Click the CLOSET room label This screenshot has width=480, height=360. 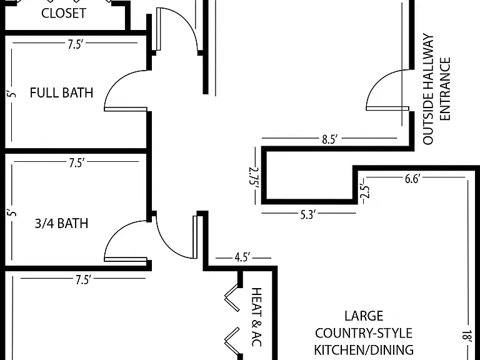pyautogui.click(x=64, y=13)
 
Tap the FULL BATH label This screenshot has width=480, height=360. pyautogui.click(x=61, y=92)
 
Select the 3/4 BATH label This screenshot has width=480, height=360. pyautogui.click(x=61, y=224)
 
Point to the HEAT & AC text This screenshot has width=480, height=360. pyautogui.click(x=256, y=317)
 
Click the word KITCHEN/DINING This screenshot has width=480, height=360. pyautogui.click(x=364, y=349)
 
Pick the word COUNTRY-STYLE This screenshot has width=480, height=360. pyautogui.click(x=364, y=333)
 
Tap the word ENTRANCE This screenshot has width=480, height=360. pyautogui.click(x=445, y=89)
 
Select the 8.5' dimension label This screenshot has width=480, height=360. pyautogui.click(x=329, y=139)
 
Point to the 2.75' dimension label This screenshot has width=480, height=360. pyautogui.click(x=254, y=177)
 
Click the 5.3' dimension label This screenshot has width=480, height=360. pyautogui.click(x=307, y=215)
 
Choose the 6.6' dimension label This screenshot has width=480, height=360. pyautogui.click(x=412, y=179)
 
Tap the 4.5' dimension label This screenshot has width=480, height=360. pyautogui.click(x=242, y=257)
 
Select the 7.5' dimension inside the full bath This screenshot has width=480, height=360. pyautogui.click(x=75, y=45)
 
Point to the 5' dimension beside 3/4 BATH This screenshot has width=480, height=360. pyautogui.click(x=12, y=212)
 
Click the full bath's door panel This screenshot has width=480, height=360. pyautogui.click(x=126, y=109)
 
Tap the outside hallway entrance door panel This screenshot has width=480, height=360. pyautogui.click(x=387, y=108)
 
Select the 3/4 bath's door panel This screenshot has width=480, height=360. pyautogui.click(x=126, y=259)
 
